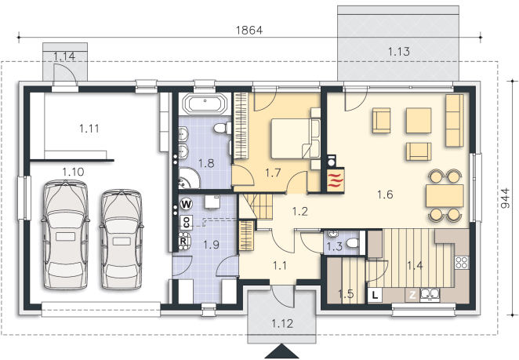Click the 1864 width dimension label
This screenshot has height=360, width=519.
click(x=249, y=30)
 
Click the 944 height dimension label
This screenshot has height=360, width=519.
click(x=505, y=198)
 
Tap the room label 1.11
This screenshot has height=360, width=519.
click(x=89, y=129)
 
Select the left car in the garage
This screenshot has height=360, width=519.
click(x=66, y=235)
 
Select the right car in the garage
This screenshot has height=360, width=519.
click(x=122, y=239)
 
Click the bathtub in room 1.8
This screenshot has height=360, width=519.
click(x=205, y=104)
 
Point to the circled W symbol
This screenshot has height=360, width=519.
click(x=187, y=204)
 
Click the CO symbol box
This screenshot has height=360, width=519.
click(x=186, y=221)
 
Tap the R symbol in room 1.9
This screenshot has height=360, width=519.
click(x=183, y=241)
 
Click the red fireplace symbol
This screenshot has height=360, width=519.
click(x=336, y=180)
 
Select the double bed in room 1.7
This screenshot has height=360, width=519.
click(x=296, y=139)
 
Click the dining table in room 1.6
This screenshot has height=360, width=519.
click(x=445, y=196)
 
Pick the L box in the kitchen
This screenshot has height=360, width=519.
click(x=375, y=295)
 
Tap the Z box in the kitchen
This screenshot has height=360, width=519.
click(x=412, y=295)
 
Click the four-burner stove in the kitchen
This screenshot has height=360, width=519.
click(x=462, y=263)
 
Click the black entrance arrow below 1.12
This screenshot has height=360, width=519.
click(x=281, y=351)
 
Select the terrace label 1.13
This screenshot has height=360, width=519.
click(x=398, y=52)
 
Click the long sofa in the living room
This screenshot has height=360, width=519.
click(x=454, y=120)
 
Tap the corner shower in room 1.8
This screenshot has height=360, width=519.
click(x=188, y=178)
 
